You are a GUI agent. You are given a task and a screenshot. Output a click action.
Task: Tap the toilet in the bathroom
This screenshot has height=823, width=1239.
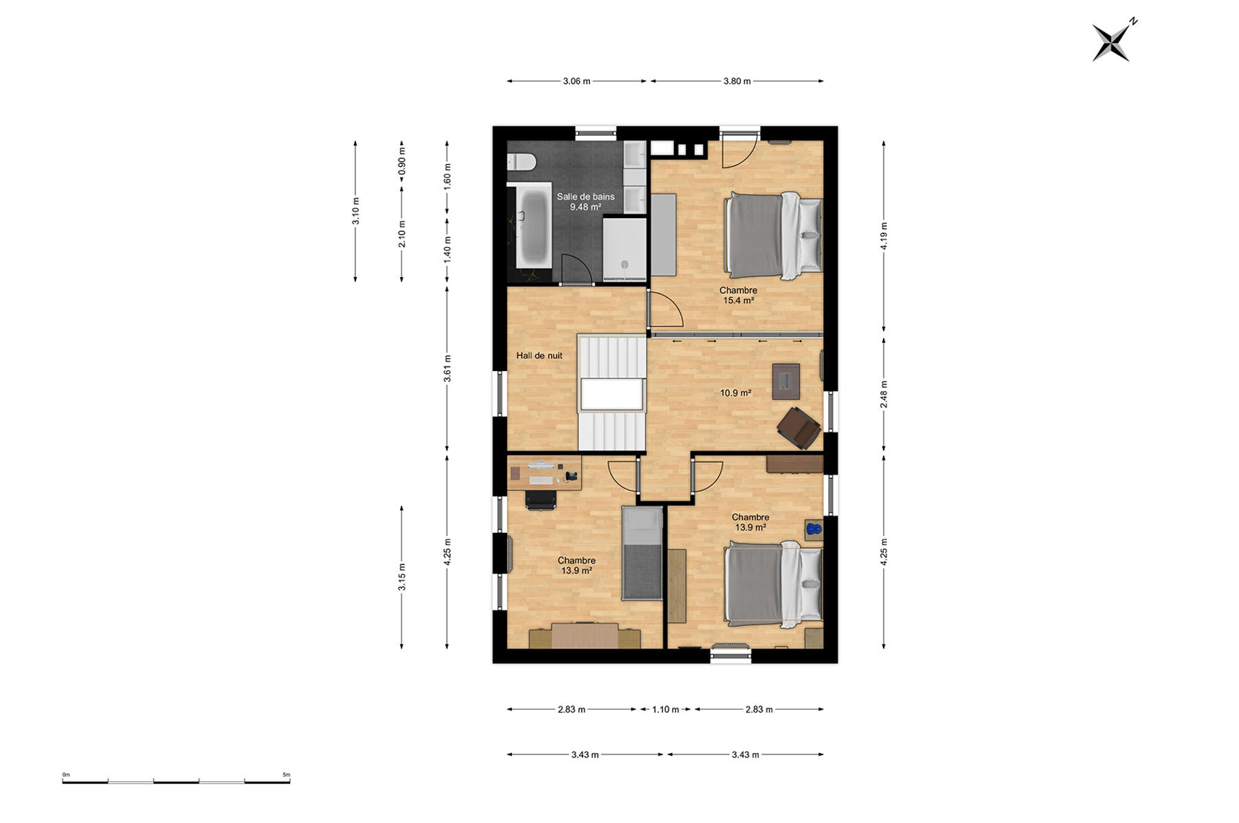point(521,162)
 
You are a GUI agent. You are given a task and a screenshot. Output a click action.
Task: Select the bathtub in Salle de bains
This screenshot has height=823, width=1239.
point(533,229)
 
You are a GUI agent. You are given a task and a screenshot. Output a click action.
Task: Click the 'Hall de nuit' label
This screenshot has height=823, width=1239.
point(539,355)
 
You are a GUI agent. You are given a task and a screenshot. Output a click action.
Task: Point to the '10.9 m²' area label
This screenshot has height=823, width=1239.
point(735,393)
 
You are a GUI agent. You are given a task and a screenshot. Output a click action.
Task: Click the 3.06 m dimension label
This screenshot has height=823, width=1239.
point(576,81)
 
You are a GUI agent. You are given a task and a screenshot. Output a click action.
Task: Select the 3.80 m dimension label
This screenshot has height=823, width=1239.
point(737,81)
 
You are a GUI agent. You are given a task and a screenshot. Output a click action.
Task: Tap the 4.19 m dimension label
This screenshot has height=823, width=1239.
point(884,235)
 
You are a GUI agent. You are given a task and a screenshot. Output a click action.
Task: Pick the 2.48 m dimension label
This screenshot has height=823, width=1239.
point(884,394)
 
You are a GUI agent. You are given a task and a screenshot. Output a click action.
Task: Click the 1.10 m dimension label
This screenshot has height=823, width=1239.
point(665,709)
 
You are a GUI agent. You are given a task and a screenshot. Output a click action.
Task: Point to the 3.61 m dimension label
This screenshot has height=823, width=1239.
point(447,368)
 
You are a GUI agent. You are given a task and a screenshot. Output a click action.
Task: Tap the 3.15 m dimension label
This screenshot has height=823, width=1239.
point(402,576)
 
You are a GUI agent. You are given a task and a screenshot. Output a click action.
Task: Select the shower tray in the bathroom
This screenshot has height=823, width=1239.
point(625,249)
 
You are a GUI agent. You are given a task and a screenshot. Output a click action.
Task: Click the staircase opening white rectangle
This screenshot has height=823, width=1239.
point(612,395)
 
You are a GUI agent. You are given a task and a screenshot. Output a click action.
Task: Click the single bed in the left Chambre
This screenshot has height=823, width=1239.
point(642,553)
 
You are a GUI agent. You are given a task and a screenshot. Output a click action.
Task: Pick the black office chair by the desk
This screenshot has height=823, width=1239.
point(541,499)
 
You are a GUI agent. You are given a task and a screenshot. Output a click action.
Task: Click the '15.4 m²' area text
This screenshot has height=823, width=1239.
point(738,300)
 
